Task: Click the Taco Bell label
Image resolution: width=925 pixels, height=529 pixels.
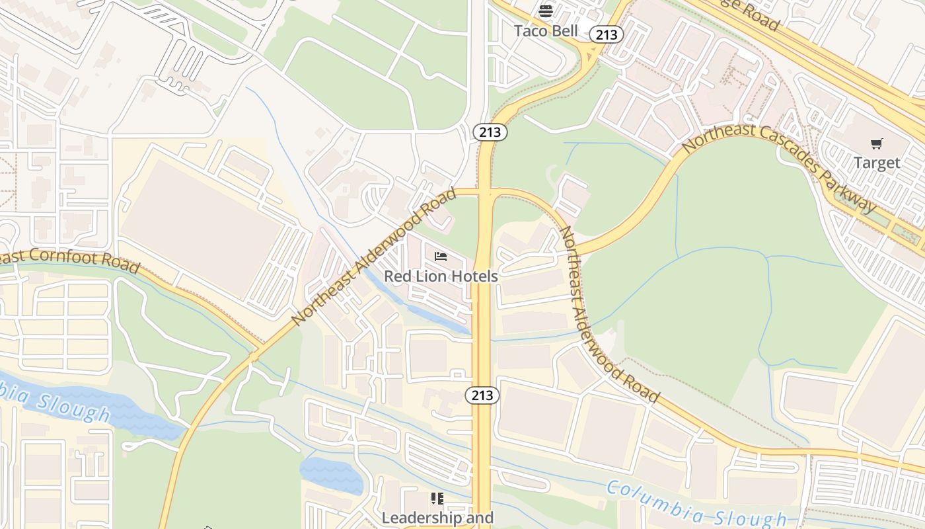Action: pyautogui.click(x=546, y=30)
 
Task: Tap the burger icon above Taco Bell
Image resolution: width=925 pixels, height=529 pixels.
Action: pyautogui.click(x=546, y=11)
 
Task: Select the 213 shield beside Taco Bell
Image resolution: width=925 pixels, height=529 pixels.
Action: pyautogui.click(x=606, y=34)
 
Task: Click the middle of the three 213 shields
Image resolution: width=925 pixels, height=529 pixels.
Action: pyautogui.click(x=490, y=132)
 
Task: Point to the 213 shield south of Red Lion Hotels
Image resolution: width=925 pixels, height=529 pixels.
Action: pyautogui.click(x=482, y=395)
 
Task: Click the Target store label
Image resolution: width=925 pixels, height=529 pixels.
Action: pyautogui.click(x=877, y=163)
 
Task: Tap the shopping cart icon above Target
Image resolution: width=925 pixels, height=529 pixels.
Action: pyautogui.click(x=877, y=143)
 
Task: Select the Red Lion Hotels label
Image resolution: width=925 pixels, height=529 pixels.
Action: pyautogui.click(x=441, y=276)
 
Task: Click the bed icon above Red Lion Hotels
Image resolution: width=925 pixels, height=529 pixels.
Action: pyautogui.click(x=441, y=257)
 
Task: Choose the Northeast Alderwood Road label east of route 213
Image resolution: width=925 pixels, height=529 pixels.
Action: pyautogui.click(x=608, y=314)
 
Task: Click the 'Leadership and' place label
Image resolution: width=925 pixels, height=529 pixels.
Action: pyautogui.click(x=437, y=517)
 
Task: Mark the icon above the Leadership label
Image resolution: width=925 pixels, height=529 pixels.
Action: pyautogui.click(x=437, y=498)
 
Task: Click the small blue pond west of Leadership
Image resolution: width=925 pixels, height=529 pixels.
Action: pyautogui.click(x=331, y=475)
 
